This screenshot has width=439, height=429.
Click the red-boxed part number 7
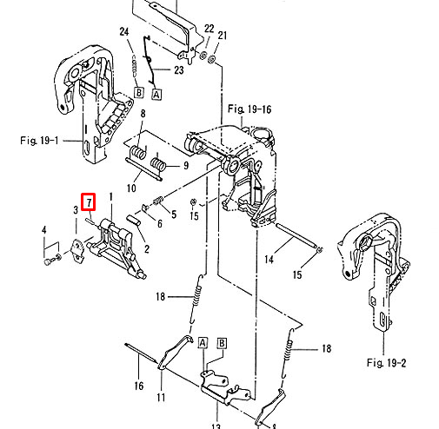[x=89, y=201]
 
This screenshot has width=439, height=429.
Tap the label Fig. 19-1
[x=39, y=141]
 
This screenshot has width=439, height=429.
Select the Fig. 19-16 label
[x=249, y=109]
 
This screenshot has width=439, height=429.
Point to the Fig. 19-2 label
[x=386, y=362]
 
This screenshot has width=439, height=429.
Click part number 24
[x=124, y=31]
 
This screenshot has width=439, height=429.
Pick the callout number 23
[x=178, y=69]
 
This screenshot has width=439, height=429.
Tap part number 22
[x=209, y=29]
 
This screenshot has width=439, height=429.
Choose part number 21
[x=222, y=36]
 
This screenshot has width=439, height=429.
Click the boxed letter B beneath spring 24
[x=139, y=93]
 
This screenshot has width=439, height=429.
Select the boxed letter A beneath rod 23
[x=156, y=95]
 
